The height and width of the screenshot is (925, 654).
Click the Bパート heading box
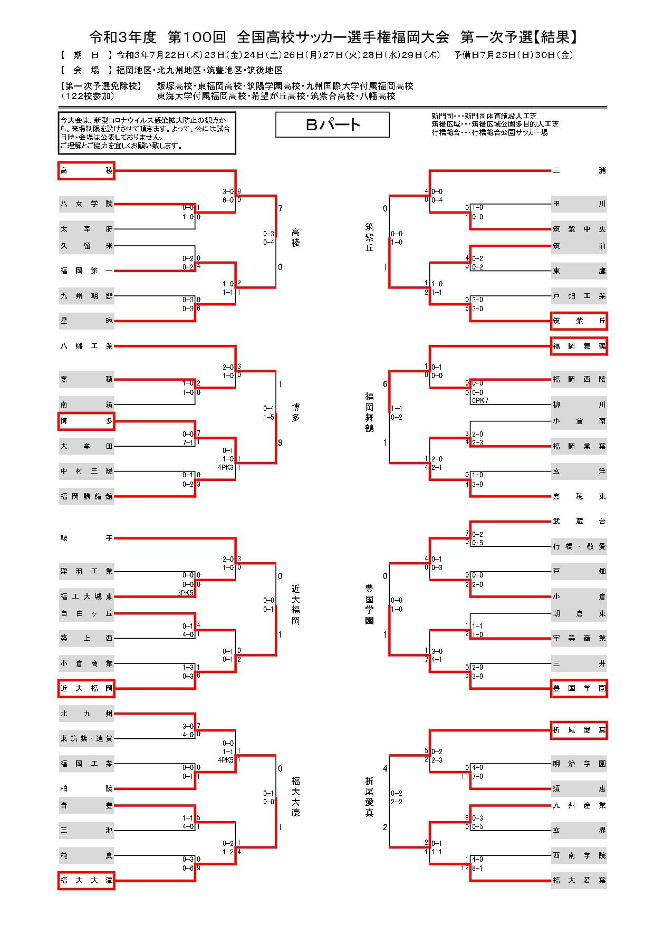pyautogui.click(x=332, y=125)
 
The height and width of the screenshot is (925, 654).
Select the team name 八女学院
pyautogui.click(x=86, y=204)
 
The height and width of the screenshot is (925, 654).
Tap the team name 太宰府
pyautogui.click(x=86, y=229)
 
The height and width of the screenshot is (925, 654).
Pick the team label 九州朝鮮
pyautogui.click(x=86, y=296)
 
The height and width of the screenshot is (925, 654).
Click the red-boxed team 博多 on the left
pyautogui.click(x=86, y=421)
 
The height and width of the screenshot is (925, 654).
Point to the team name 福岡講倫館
pyautogui.click(x=86, y=497)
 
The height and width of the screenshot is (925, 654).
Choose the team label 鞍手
pyautogui.click(x=86, y=538)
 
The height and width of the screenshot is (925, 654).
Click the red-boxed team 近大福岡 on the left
pyautogui.click(x=86, y=689)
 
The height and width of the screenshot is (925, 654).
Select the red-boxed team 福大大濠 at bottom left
pyautogui.click(x=86, y=881)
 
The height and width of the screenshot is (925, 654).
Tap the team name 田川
pyautogui.click(x=579, y=204)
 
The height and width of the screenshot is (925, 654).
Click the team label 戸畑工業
pyautogui.click(x=579, y=296)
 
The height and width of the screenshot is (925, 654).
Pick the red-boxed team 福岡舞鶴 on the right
pyautogui.click(x=579, y=346)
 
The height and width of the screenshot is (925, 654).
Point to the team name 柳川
pyautogui.click(x=579, y=405)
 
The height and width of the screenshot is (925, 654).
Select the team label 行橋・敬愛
pyautogui.click(x=579, y=547)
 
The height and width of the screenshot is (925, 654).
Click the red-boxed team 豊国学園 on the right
pyautogui.click(x=579, y=689)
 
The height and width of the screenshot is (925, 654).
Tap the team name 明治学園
pyautogui.click(x=579, y=764)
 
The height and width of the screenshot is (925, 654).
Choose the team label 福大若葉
pyautogui.click(x=579, y=881)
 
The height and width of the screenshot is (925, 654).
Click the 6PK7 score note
pyautogui.click(x=480, y=401)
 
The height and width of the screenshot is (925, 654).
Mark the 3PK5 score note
pyautogui.click(x=186, y=593)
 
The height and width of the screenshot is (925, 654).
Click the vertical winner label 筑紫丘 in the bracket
pyautogui.click(x=369, y=237)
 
